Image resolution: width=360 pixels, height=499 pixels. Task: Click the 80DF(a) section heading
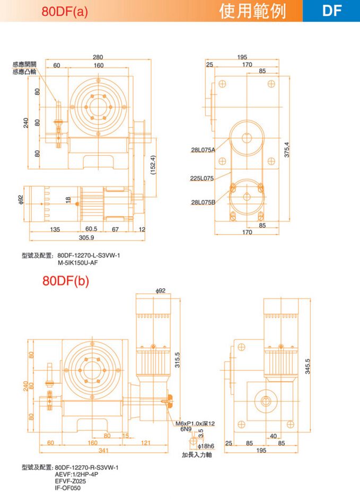click(65, 11)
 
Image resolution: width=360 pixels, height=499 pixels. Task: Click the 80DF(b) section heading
click(66, 281)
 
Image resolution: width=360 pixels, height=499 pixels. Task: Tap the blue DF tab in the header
click(332, 11)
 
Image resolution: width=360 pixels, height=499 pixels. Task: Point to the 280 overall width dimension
click(98, 57)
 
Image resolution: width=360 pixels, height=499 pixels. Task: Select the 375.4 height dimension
click(287, 149)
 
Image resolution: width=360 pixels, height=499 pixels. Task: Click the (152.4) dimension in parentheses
click(153, 165)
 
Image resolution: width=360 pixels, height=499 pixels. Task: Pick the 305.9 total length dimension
click(86, 237)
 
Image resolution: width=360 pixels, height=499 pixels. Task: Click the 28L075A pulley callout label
click(203, 149)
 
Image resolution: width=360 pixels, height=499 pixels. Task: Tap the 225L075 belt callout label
click(201, 178)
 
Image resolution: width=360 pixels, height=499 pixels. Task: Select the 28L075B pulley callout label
click(203, 202)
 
